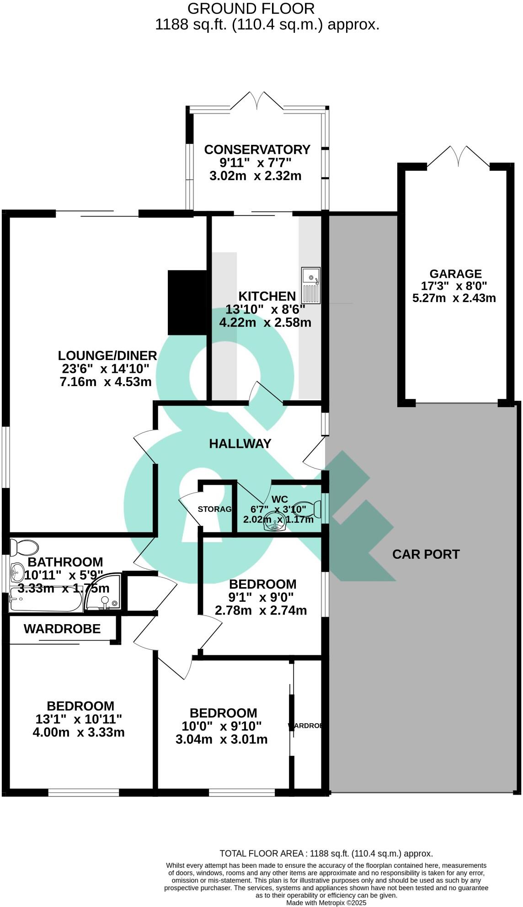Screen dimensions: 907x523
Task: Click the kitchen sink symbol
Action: pos(311,286)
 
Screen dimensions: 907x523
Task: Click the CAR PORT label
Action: pos(426,554)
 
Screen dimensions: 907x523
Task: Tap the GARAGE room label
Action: pos(455,274)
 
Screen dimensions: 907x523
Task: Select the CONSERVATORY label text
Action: pos(257,149)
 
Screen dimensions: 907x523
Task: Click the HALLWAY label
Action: pos(240,443)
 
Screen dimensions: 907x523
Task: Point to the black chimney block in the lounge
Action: pos(187,302)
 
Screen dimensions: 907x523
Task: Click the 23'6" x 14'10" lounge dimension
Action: pos(105,369)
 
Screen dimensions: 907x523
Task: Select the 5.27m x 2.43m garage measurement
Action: pos(454,298)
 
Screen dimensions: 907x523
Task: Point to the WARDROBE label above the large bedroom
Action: pos(62,629)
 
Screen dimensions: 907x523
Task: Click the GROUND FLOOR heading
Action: pos(251,8)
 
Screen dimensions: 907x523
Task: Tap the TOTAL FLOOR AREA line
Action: pos(326,853)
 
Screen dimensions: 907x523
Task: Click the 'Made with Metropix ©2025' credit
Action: pos(326,903)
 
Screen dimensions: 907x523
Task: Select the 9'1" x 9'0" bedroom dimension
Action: pos(261,597)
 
